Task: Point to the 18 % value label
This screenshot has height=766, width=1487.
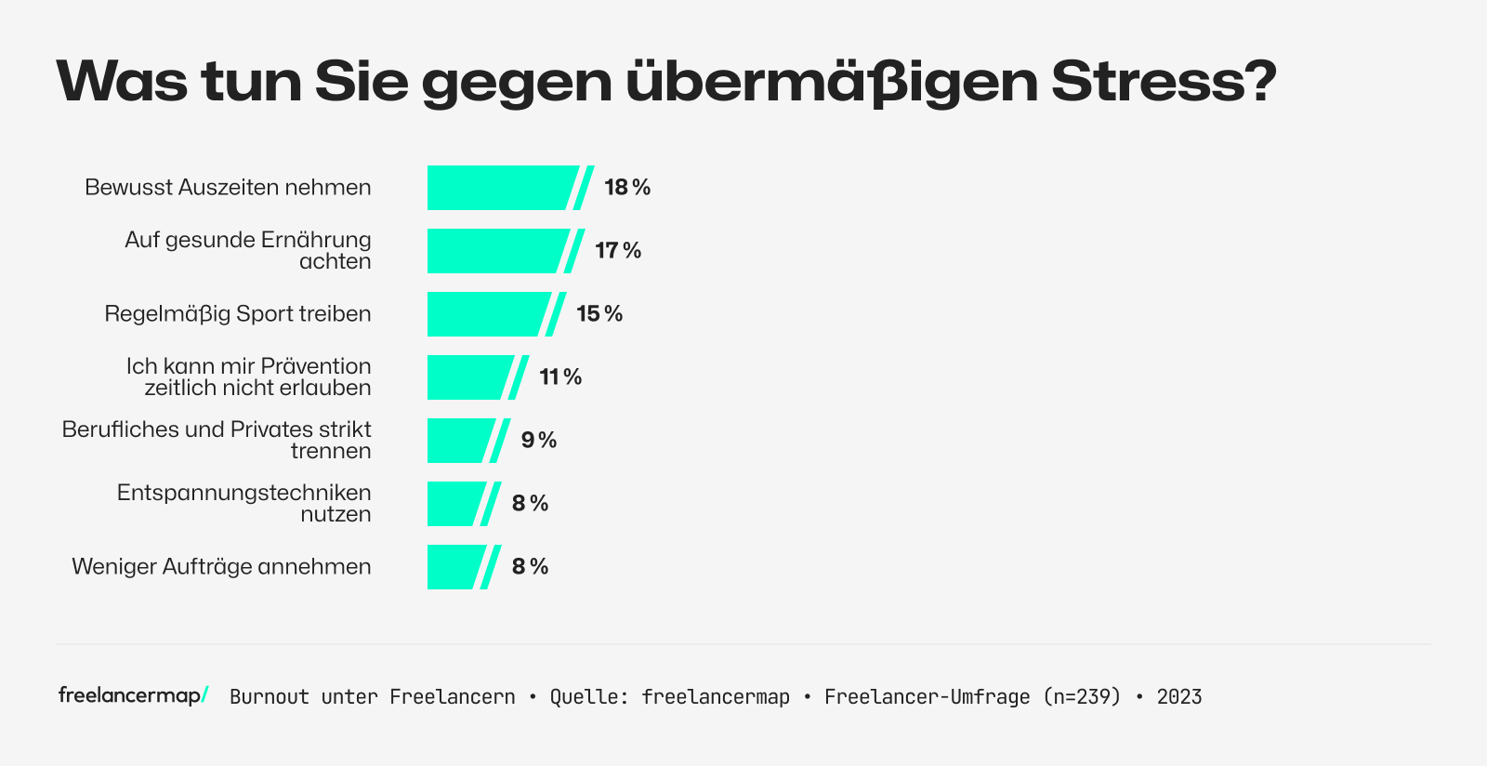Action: coord(627,188)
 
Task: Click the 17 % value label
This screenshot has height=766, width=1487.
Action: coord(618,251)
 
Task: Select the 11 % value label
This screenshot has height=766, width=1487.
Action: coord(560,377)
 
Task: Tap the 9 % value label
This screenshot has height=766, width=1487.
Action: coord(538,441)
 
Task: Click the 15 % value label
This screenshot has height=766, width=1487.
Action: coord(599,314)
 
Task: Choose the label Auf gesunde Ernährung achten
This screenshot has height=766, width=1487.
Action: coord(248,251)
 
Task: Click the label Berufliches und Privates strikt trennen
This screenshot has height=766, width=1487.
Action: coord(217,441)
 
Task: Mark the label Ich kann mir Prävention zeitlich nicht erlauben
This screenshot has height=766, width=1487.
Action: coord(248,377)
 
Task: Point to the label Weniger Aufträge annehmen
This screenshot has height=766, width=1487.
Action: coord(221,567)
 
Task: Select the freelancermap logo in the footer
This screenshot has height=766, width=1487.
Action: coord(133,695)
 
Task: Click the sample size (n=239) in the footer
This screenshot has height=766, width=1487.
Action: coord(1082,697)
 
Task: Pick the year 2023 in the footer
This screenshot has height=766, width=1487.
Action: coord(1179,697)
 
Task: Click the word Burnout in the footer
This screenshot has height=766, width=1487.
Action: coord(270,697)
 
